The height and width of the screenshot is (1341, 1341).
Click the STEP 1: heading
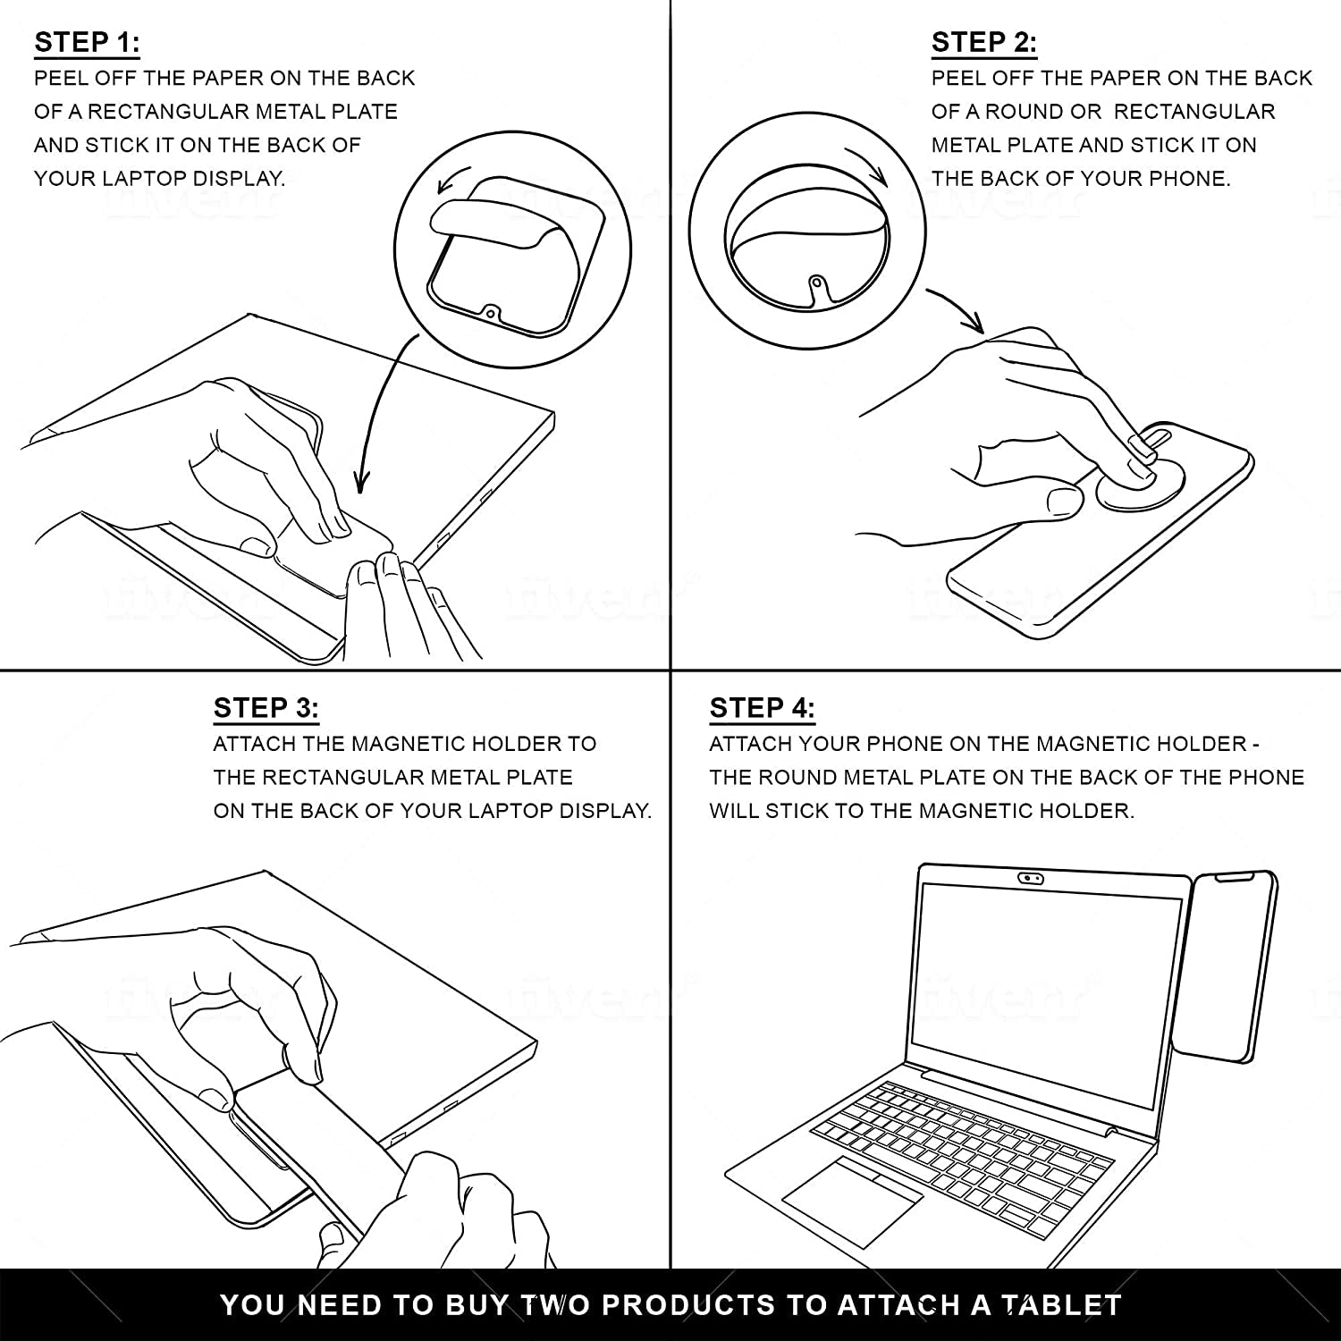pyautogui.click(x=87, y=42)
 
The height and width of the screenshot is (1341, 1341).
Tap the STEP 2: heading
pyautogui.click(x=984, y=42)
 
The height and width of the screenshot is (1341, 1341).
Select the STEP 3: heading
pyautogui.click(x=266, y=708)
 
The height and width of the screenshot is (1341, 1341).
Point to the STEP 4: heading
pyautogui.click(x=763, y=708)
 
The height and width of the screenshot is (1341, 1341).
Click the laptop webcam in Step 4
pyautogui.click(x=1031, y=877)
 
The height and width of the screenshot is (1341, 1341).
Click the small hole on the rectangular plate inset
pyautogui.click(x=490, y=314)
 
